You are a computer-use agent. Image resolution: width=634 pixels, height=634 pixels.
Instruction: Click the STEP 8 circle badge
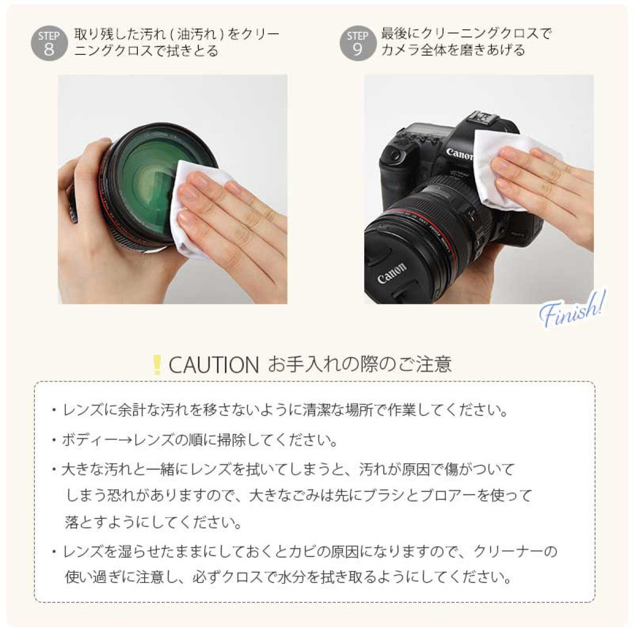(x=49, y=43)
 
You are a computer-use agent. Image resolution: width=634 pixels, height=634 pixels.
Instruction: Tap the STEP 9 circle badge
(x=357, y=43)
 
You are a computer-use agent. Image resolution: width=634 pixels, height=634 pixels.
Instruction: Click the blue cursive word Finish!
(x=572, y=308)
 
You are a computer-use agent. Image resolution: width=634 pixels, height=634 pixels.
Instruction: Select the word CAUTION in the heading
(x=213, y=365)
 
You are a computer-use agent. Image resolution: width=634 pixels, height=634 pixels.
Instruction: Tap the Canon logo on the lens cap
(x=392, y=273)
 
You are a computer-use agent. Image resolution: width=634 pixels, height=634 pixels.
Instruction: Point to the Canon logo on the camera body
(x=460, y=155)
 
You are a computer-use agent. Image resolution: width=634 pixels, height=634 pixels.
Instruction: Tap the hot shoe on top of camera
(x=482, y=117)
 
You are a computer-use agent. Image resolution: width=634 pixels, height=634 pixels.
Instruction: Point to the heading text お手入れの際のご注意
(x=360, y=365)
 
